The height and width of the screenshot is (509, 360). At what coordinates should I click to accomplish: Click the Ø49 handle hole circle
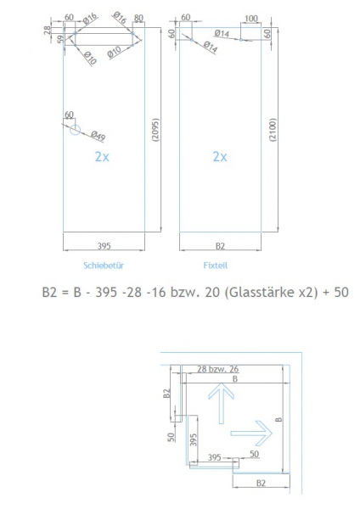(x=76, y=131)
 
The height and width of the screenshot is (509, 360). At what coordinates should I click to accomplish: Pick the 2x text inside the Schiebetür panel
(x=103, y=157)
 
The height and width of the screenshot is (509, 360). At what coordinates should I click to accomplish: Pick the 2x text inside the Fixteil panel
(x=220, y=157)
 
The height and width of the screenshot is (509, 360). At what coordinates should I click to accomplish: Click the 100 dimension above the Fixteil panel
(x=250, y=19)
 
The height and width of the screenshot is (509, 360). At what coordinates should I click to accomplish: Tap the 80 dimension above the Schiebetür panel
(x=138, y=19)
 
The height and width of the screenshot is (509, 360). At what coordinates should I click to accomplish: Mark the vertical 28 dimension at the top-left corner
(x=49, y=31)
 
